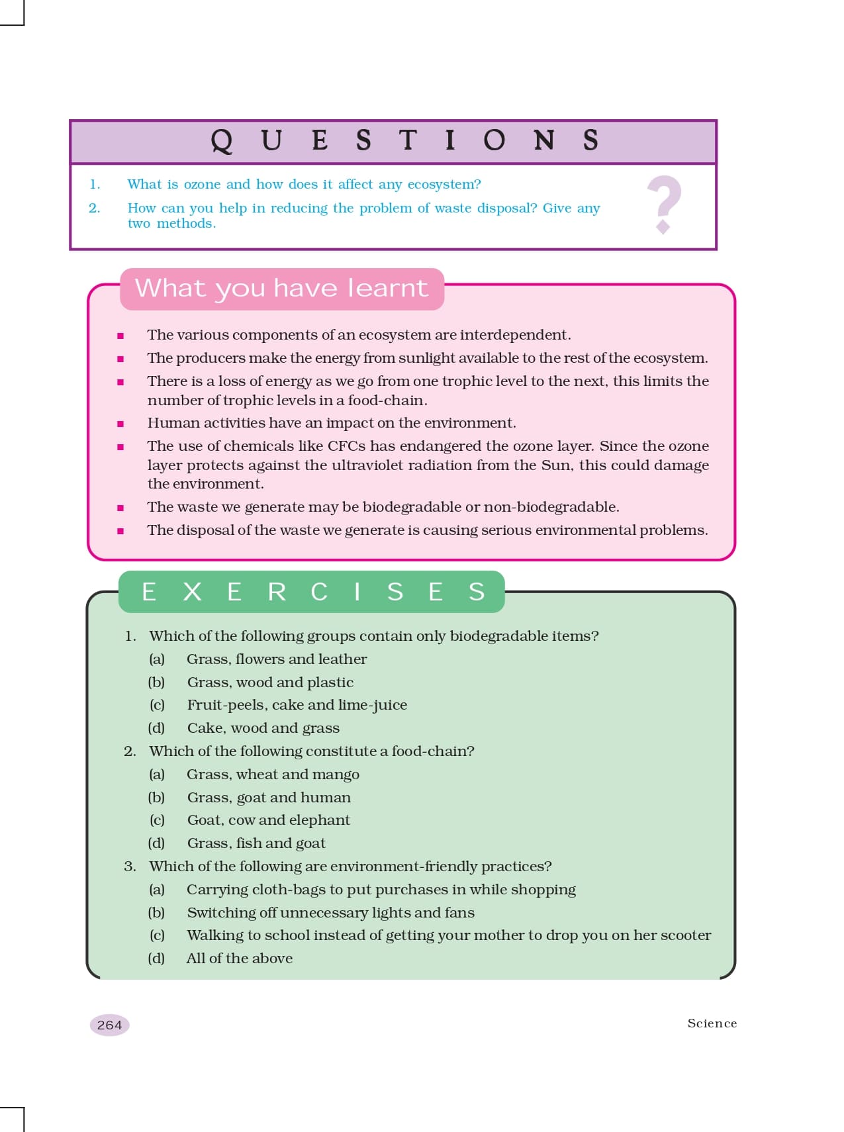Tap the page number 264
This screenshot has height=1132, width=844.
[x=109, y=1025]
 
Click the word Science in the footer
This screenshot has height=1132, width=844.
[x=712, y=1023]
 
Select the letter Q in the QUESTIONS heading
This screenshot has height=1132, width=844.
[x=222, y=140]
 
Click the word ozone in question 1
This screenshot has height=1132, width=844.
[x=202, y=184]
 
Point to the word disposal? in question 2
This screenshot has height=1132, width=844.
[x=507, y=208]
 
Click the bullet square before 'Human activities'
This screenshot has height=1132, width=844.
[x=120, y=424]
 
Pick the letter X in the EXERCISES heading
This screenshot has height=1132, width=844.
[x=192, y=591]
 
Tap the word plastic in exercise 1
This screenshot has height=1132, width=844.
[x=330, y=682]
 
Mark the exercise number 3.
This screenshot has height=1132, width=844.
[x=130, y=866]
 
